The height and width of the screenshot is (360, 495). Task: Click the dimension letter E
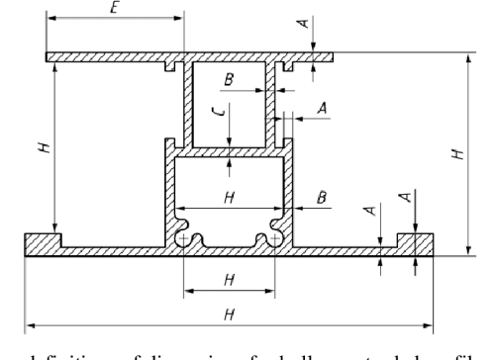click(115, 8)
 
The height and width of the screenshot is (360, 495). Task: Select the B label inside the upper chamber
click(230, 78)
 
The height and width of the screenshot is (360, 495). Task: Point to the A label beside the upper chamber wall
click(319, 105)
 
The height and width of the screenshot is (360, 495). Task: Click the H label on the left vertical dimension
click(41, 147)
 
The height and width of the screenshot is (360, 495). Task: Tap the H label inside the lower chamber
click(229, 197)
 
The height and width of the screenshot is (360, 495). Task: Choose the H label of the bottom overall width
click(229, 314)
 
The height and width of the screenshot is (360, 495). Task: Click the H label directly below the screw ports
click(229, 280)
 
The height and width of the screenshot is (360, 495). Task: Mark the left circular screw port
click(184, 239)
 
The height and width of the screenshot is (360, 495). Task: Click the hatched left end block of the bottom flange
click(41, 240)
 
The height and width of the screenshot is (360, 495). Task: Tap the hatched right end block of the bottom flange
click(415, 240)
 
